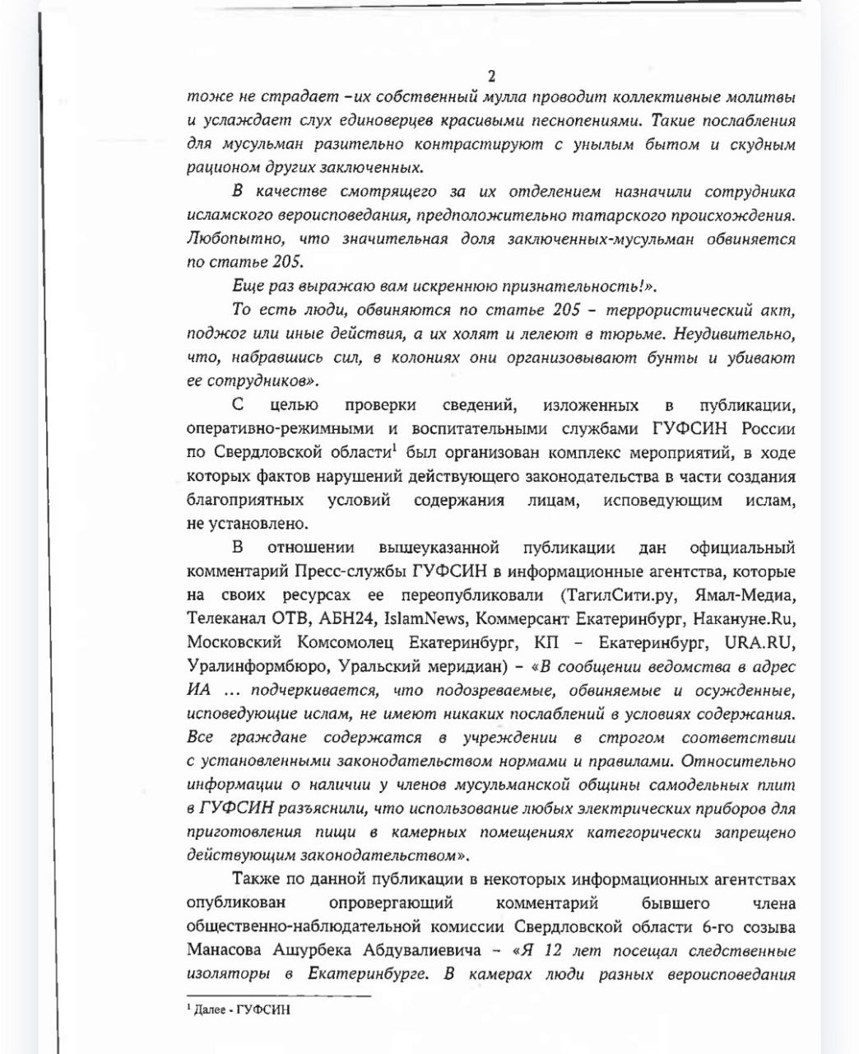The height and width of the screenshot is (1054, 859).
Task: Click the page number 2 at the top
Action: [x=492, y=77]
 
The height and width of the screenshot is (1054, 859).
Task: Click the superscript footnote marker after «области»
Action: [x=394, y=448]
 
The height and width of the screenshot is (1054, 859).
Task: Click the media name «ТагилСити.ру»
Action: [x=614, y=595]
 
